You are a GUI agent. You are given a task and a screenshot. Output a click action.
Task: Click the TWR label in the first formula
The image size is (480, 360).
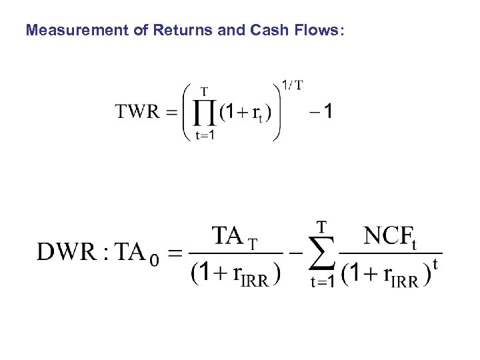(138, 111)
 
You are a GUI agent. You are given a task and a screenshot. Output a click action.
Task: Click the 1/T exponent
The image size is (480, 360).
(292, 85)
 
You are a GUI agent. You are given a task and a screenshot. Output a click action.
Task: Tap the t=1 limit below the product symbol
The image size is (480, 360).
(205, 135)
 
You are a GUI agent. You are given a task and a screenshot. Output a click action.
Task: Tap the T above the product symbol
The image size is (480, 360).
(204, 91)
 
